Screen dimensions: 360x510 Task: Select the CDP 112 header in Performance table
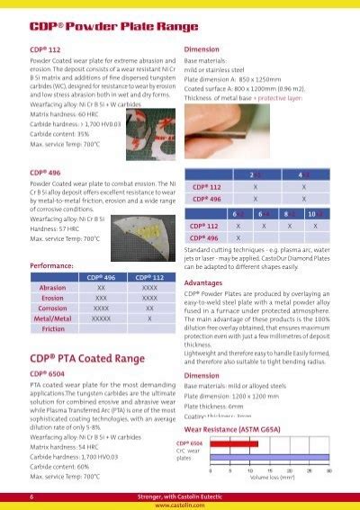click(150, 279)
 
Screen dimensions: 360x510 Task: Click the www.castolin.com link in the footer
click(180, 504)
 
